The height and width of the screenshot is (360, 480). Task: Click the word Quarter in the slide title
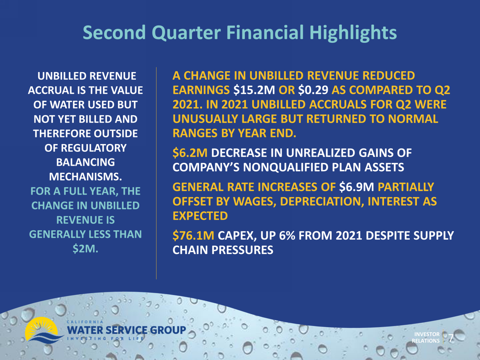(186, 33)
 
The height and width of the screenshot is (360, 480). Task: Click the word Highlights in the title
(353, 33)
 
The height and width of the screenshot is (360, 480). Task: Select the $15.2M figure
(254, 90)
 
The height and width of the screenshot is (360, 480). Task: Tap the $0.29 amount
(313, 90)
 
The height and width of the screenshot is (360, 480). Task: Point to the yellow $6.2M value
(190, 152)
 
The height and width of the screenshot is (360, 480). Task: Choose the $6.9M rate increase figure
(356, 187)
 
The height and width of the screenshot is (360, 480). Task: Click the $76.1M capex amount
(193, 236)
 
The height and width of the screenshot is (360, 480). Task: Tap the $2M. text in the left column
(86, 249)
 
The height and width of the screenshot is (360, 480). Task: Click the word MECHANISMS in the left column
(86, 176)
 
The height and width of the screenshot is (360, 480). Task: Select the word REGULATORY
(94, 148)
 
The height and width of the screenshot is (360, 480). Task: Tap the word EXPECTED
(200, 216)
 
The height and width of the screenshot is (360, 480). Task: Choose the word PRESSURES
(242, 250)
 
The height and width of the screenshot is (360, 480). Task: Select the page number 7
(451, 338)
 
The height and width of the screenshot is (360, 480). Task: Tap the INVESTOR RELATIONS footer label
(426, 337)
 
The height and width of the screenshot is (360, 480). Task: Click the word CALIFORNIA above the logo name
(85, 322)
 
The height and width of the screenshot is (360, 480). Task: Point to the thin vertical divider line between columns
(156, 173)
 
